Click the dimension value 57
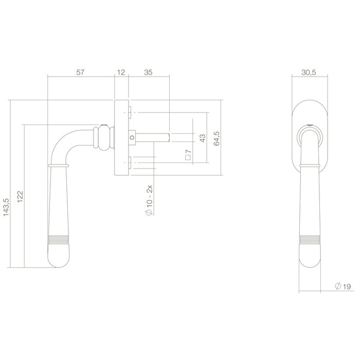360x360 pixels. tap(81, 73)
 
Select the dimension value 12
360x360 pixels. tap(121, 73)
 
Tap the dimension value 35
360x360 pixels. tap(148, 73)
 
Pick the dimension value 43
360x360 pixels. tap(202, 138)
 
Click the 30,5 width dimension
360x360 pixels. tap(310, 73)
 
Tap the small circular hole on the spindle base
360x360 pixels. tap(132, 137)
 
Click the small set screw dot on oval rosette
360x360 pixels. tap(311, 125)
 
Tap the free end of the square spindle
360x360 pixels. tap(168, 137)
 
